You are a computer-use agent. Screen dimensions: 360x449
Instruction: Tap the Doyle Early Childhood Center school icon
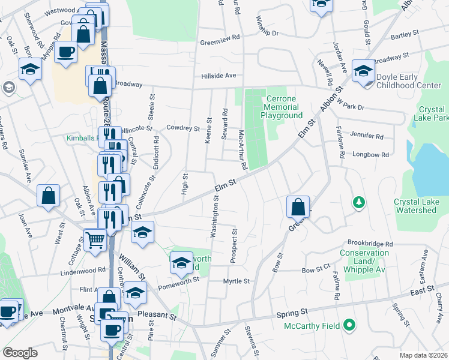(363, 71)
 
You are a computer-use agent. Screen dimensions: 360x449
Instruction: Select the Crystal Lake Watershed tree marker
(359, 202)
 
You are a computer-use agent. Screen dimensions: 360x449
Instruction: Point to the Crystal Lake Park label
(432, 114)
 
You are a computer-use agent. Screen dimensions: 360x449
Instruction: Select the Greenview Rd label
(220, 43)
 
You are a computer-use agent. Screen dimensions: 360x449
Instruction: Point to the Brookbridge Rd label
(369, 244)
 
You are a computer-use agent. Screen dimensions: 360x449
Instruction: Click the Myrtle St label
(236, 281)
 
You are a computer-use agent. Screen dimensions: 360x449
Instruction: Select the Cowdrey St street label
(182, 128)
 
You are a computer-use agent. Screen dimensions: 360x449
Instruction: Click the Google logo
(20, 353)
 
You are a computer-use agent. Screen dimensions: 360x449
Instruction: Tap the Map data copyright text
(424, 355)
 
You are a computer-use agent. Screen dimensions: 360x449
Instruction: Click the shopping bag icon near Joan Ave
(48, 196)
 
